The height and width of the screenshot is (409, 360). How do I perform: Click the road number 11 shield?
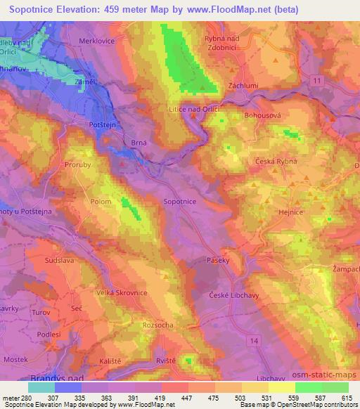click(317, 83)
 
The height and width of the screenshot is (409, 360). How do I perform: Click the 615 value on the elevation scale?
click(347, 398)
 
